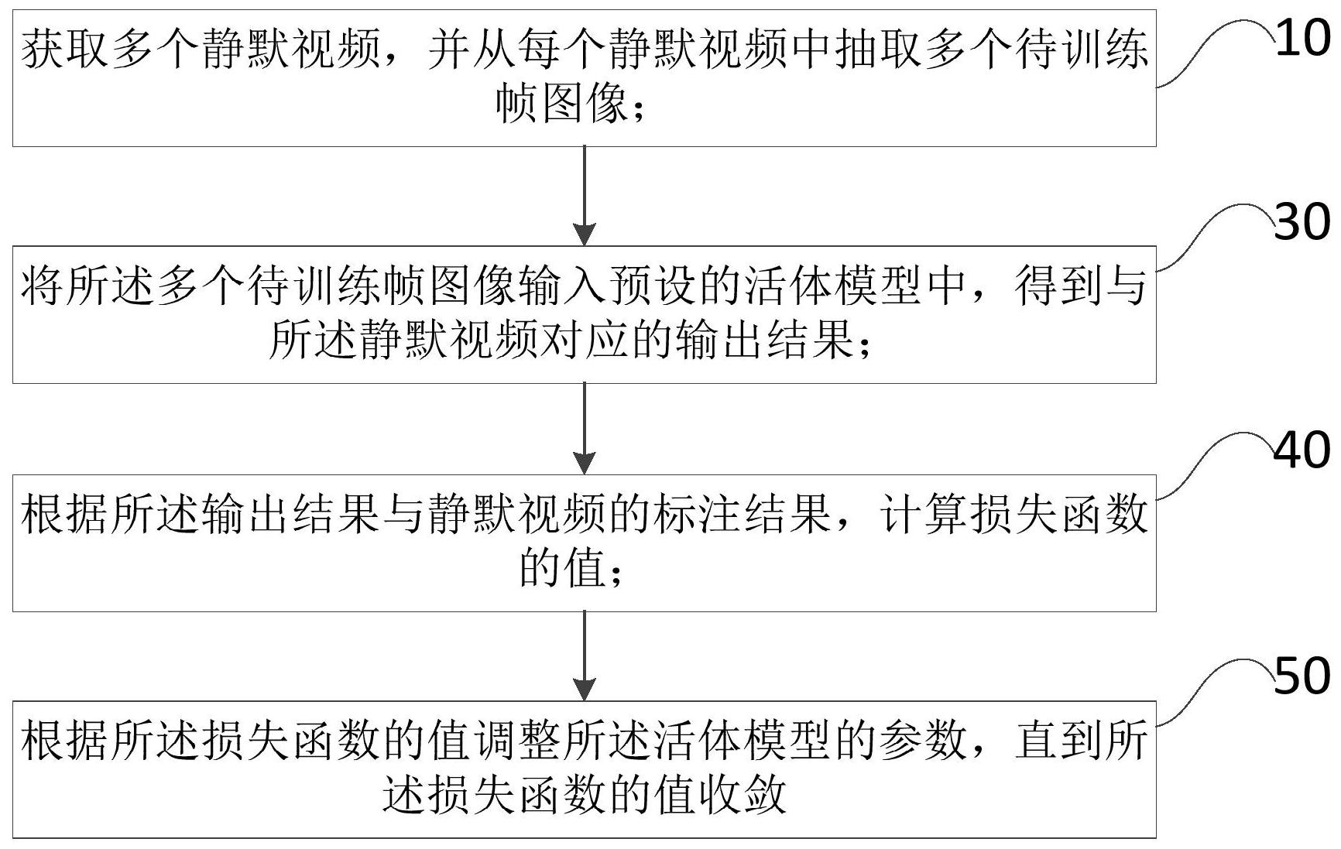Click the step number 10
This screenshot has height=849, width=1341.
point(1305,39)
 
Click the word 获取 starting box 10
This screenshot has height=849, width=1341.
point(65,51)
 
